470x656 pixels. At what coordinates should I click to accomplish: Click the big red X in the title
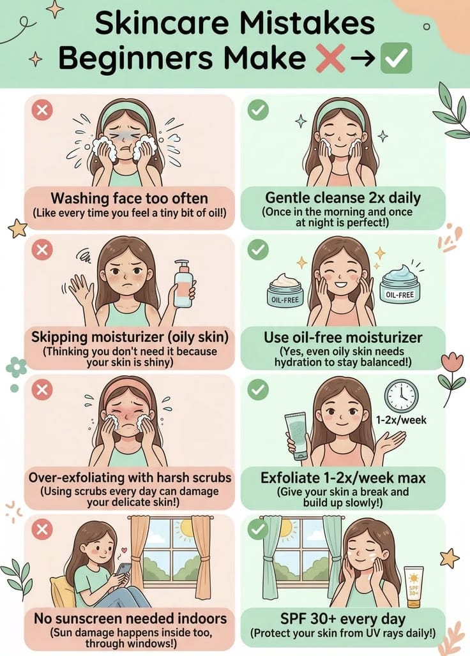tap(330, 59)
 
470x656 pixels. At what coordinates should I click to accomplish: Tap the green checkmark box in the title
tap(396, 59)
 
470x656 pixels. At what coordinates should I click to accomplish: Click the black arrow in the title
tap(363, 59)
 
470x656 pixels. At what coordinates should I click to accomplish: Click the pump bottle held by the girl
tap(183, 283)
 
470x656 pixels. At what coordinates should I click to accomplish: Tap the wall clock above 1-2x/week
tap(401, 396)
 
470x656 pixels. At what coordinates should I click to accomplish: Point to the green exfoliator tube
tap(298, 436)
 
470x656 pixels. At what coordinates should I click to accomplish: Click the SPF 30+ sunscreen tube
tap(413, 586)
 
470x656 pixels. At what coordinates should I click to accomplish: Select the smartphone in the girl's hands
tap(123, 569)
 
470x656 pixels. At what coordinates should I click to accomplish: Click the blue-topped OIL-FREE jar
tap(400, 286)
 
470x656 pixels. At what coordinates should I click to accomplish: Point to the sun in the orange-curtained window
tap(185, 530)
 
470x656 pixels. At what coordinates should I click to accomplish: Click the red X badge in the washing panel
tap(42, 110)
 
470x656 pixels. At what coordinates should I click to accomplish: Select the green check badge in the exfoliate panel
tap(258, 390)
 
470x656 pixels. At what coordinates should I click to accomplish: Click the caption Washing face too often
tap(130, 198)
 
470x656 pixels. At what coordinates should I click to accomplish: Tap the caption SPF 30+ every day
tap(343, 618)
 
